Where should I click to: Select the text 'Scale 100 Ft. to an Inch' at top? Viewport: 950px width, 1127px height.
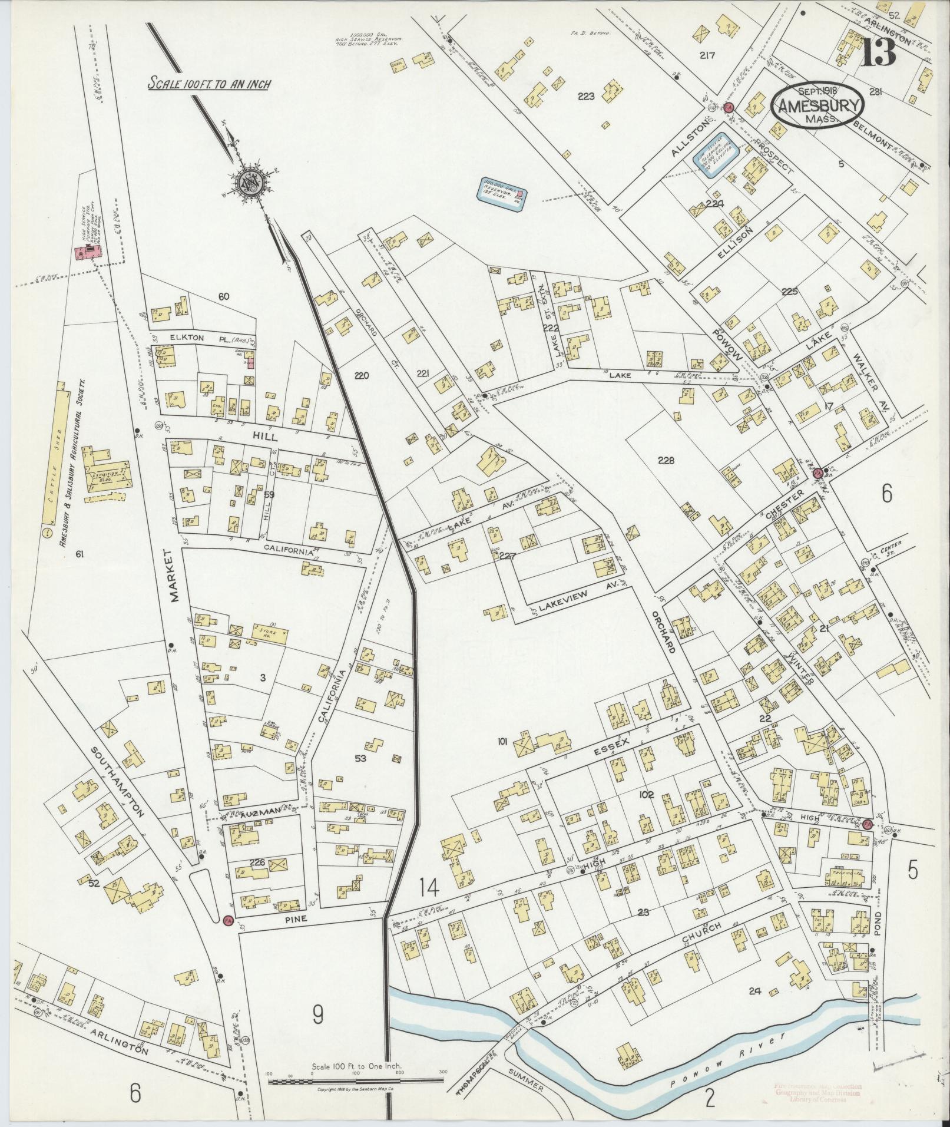pos(209,84)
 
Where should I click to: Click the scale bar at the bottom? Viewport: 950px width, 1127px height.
pos(356,1080)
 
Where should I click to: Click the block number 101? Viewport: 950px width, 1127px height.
pos(502,742)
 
